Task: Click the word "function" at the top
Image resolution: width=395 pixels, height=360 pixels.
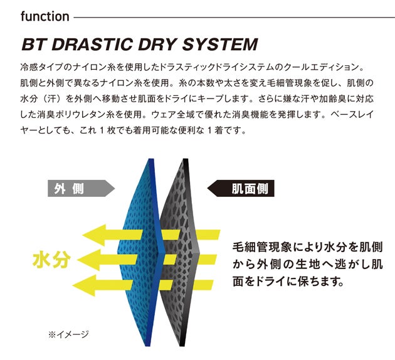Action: [x=45, y=17]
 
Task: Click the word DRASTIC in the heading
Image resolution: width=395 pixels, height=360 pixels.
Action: [x=92, y=45]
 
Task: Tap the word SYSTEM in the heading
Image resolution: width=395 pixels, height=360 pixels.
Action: [x=219, y=45]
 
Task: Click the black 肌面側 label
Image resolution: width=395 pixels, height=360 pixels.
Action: [x=241, y=188]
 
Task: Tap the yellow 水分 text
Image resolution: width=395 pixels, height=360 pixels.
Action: [x=51, y=260]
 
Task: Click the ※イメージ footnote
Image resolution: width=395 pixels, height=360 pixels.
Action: [x=68, y=334]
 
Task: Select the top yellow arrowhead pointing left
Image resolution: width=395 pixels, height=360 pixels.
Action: [x=93, y=235]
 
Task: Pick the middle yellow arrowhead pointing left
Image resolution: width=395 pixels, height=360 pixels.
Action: [x=88, y=260]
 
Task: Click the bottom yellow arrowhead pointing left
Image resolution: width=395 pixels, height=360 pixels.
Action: [x=83, y=285]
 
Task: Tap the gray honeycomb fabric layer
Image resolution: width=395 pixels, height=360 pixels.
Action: [x=179, y=252]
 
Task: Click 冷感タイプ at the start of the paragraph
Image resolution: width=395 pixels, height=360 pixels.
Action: [x=41, y=67]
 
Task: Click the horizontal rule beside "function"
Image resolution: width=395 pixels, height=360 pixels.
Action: [x=234, y=18]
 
